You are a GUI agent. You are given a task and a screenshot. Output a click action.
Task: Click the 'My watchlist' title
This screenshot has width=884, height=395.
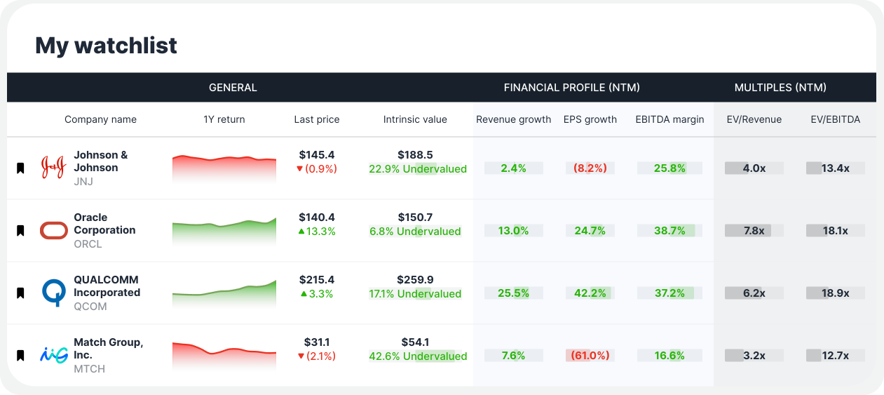[106, 46]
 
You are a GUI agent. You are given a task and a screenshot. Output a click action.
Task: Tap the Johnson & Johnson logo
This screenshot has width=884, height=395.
[53, 168]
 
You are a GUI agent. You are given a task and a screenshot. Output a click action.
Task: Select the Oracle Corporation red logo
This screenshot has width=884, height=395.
[53, 230]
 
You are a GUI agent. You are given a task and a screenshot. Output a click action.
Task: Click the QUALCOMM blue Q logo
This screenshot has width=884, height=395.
[53, 293]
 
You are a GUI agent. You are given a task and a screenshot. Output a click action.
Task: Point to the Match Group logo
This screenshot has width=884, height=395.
[53, 355]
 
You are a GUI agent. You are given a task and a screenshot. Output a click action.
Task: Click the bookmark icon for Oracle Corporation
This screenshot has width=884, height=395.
[20, 230]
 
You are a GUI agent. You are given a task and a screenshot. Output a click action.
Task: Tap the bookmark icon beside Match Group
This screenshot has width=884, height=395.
[20, 355]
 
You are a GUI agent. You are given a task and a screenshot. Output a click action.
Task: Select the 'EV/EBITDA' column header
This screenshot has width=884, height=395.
[835, 119]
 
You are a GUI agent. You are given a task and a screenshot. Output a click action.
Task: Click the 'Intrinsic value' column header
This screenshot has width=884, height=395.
[415, 119]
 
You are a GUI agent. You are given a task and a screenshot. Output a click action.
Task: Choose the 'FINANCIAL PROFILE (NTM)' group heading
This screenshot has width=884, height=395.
[571, 88]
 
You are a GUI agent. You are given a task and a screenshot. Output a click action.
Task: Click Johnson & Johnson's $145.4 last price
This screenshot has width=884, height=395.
[317, 154]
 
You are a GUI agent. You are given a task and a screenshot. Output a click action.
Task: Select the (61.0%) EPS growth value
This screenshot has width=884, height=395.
[590, 356]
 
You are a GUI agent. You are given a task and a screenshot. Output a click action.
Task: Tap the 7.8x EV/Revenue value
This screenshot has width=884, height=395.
[754, 231]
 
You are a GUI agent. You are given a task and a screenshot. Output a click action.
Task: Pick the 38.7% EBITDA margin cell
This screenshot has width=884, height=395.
[669, 231]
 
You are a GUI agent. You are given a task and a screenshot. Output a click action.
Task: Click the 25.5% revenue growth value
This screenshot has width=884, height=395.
[513, 293]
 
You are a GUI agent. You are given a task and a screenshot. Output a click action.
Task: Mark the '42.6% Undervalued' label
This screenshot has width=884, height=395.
[418, 356]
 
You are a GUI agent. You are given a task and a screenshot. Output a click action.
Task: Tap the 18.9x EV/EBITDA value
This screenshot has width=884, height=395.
[835, 293]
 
